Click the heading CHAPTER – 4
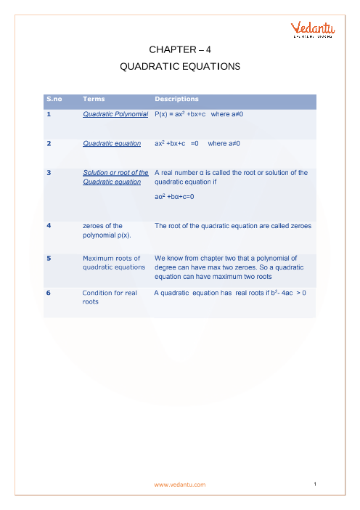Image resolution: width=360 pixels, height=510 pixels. pyautogui.click(x=179, y=49)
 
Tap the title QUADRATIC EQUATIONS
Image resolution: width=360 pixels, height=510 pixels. pyautogui.click(x=179, y=66)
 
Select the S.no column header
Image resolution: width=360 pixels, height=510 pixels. pyautogui.click(x=54, y=99)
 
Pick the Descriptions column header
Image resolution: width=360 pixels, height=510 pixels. pyautogui.click(x=176, y=99)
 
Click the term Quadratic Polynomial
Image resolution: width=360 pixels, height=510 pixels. pyautogui.click(x=115, y=115)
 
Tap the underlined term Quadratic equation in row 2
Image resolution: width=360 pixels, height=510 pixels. pyautogui.click(x=112, y=144)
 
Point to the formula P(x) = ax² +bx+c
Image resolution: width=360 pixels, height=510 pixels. pyautogui.click(x=180, y=115)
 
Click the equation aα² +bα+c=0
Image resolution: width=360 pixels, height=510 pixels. pyautogui.click(x=175, y=196)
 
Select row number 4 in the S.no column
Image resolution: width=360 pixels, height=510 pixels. pyautogui.click(x=48, y=226)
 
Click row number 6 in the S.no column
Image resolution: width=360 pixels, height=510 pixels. pyautogui.click(x=48, y=293)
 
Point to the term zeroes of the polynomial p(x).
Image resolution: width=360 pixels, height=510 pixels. pyautogui.click(x=107, y=231)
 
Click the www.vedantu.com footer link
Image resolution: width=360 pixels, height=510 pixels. pyautogui.click(x=180, y=485)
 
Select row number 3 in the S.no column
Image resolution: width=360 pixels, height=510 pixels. pyautogui.click(x=48, y=173)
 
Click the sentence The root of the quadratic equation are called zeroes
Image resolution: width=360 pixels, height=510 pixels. pyautogui.click(x=233, y=226)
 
